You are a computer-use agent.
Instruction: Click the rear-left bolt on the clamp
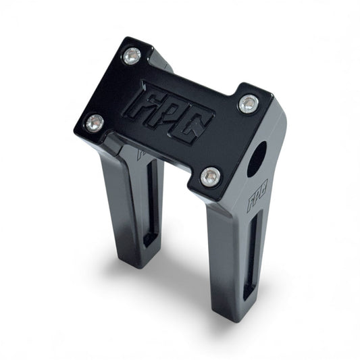tap(132, 55)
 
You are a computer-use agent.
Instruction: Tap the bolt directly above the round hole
tap(249, 103)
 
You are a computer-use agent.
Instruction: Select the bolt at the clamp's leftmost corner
tap(95, 123)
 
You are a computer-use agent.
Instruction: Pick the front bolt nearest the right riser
tap(211, 177)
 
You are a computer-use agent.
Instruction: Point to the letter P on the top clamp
tap(159, 113)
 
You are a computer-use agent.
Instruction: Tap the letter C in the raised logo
tap(184, 126)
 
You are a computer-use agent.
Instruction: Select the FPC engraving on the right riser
tap(257, 195)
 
